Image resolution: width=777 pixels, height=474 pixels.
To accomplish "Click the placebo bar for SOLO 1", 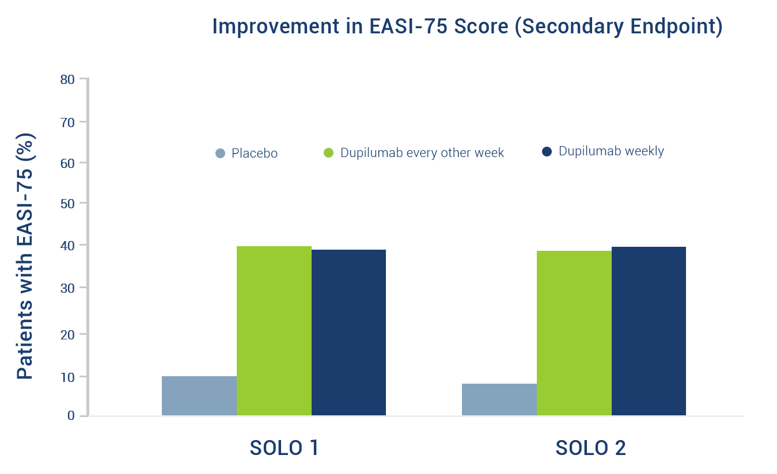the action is click(199, 396).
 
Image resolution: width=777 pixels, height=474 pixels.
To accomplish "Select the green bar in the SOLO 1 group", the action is click(274, 331).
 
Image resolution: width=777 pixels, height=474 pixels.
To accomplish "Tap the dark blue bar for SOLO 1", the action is click(348, 332).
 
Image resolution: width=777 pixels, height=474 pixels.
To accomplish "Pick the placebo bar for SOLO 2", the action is click(499, 399).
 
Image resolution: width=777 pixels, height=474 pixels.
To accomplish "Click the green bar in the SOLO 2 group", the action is click(574, 333).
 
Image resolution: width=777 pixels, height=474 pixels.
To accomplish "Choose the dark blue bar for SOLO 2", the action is click(649, 331).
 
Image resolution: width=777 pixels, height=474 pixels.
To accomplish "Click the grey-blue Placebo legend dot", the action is click(220, 153).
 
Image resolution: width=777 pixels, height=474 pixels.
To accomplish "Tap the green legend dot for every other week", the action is click(328, 153).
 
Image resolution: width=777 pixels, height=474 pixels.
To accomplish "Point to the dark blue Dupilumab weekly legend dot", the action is click(547, 151).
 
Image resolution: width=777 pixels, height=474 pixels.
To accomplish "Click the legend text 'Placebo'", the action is click(255, 153).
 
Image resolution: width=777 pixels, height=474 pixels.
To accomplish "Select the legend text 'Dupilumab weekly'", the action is click(611, 151).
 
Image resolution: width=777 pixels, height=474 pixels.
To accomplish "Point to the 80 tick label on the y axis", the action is click(67, 80).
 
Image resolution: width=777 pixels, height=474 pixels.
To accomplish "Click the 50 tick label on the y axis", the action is click(67, 204).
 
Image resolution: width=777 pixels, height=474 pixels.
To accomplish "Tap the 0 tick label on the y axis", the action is click(71, 415).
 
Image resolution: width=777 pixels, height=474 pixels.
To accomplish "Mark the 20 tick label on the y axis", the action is click(67, 335).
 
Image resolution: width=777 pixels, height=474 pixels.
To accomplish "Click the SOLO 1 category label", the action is click(284, 448).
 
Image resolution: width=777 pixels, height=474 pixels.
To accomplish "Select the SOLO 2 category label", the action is click(591, 448).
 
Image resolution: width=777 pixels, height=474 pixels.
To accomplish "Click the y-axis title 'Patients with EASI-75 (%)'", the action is click(25, 257).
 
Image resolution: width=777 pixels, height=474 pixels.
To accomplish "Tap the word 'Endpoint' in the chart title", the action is click(676, 26).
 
